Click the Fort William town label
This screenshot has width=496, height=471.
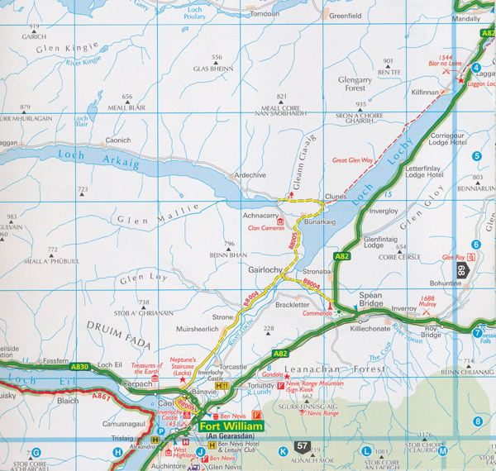pyautogui.click(x=231, y=426)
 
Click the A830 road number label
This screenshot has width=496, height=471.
pyautogui.click(x=79, y=366)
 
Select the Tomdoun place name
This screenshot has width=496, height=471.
pyautogui.click(x=264, y=14)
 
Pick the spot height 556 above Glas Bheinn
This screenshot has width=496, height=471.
pyautogui.click(x=217, y=57)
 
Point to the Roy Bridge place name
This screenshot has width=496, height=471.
pyautogui.click(x=432, y=331)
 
